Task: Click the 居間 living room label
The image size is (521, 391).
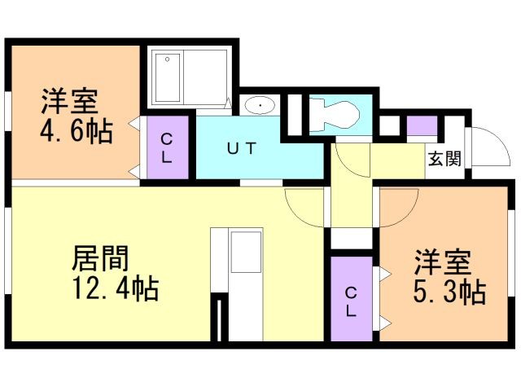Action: coord(100,258)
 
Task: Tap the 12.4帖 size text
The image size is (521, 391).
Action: coord(116,289)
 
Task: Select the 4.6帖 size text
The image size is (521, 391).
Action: coord(77,131)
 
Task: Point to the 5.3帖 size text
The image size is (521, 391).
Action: coord(450,292)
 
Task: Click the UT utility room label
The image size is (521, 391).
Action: coord(242,148)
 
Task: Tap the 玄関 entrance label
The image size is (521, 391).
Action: coord(444,159)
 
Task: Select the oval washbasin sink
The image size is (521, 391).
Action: coord(260,106)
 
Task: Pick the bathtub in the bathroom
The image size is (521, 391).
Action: coord(168,77)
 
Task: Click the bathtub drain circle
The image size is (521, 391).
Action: coord(168,59)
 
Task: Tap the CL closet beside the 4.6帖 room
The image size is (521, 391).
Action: coord(168,147)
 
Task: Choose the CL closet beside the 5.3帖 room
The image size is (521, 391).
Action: coord(352,299)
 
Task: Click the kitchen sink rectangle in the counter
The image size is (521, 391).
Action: coord(246,252)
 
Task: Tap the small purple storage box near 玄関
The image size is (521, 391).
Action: coord(422,125)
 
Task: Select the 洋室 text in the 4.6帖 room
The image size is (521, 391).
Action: coord(70,101)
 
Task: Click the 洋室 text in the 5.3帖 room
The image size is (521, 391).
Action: coord(443,261)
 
